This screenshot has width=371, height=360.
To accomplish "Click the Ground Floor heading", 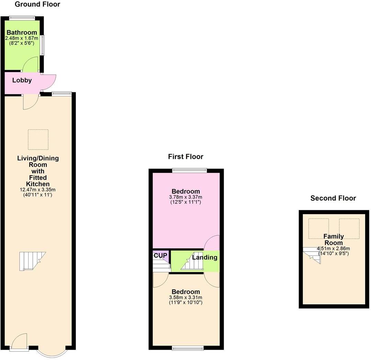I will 37,4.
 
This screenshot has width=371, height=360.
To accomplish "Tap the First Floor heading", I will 185,157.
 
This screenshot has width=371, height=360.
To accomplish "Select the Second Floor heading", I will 333,198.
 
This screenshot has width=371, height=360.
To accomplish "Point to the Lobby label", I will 22,81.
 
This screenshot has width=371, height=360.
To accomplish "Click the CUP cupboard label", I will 160,255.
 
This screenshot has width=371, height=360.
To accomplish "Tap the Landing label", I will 205,257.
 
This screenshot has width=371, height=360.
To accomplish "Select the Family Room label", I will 333,240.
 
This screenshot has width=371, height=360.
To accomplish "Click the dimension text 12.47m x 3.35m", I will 38,190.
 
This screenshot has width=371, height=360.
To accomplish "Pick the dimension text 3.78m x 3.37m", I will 186,197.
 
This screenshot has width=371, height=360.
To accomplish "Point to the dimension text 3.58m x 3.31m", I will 185,298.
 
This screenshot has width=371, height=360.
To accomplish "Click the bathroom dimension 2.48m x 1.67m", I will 22,38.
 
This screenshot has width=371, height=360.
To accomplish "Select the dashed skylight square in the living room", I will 38,140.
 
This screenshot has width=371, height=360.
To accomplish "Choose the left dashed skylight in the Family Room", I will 318,228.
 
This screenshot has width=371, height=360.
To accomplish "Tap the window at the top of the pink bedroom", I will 190,170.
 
